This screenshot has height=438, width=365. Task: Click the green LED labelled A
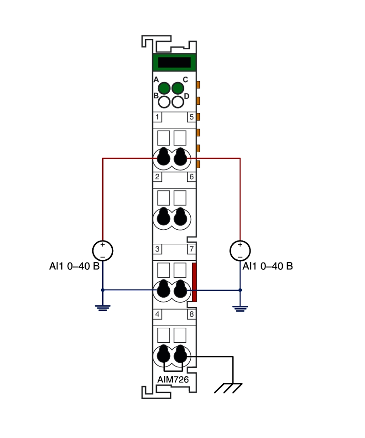tap(164, 88)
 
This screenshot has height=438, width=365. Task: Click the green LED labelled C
tap(177, 88)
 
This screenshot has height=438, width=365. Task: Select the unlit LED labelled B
tap(164, 102)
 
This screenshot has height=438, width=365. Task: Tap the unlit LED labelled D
tap(177, 102)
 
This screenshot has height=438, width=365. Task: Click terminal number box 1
tap(157, 117)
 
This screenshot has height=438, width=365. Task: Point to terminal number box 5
tap(191, 117)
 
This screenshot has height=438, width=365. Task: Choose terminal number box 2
tap(157, 176)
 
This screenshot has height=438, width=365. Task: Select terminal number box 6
tap(191, 176)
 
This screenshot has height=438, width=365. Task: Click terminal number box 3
tap(157, 249)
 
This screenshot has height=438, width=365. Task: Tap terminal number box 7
tap(191, 249)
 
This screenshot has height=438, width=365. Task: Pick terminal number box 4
tap(157, 314)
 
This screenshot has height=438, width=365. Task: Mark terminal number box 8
tap(191, 314)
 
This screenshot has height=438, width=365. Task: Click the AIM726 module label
tap(173, 379)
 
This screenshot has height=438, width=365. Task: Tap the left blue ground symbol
tap(103, 308)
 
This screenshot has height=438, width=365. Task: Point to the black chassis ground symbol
tap(228, 388)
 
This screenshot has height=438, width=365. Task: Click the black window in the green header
tap(174, 62)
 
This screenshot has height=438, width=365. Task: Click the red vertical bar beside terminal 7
tap(194, 282)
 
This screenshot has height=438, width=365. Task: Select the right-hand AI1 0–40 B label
tap(268, 266)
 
